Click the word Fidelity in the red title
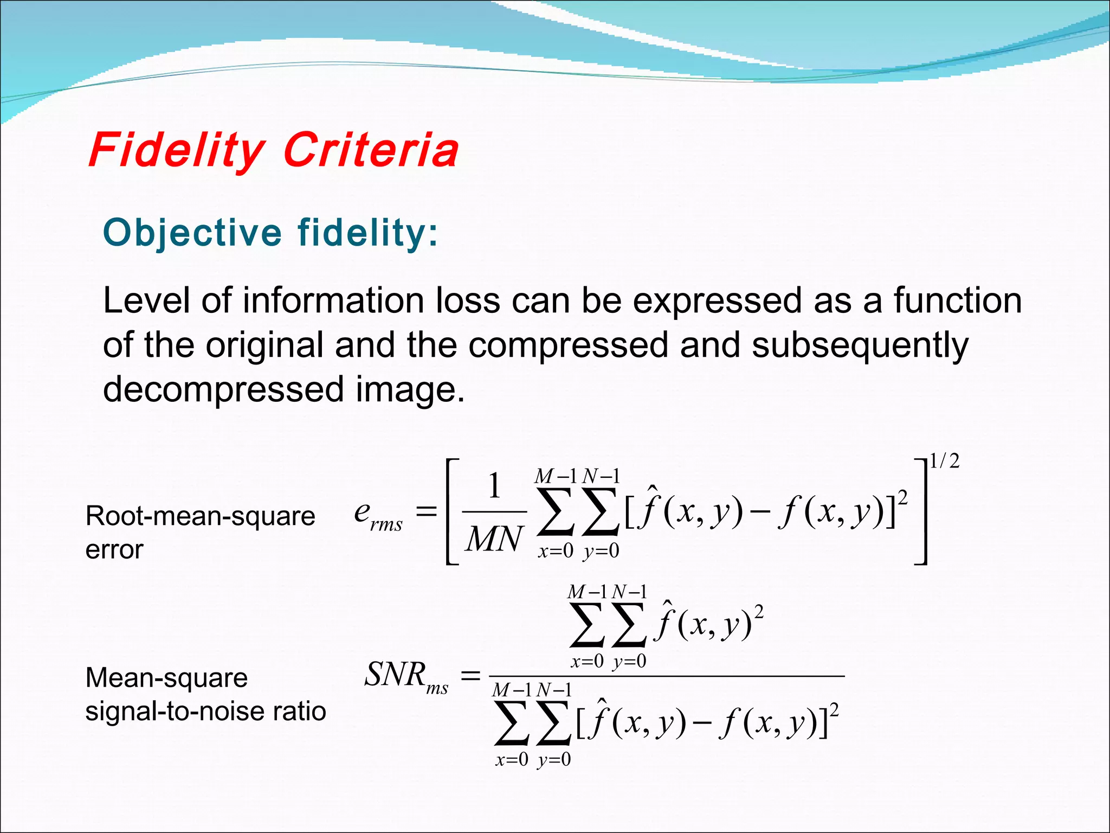[176, 150]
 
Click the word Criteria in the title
[371, 150]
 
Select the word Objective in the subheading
[192, 233]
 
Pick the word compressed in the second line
[568, 345]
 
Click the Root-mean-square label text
[200, 516]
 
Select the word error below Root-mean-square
[114, 550]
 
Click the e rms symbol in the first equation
[377, 515]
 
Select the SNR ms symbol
[405, 676]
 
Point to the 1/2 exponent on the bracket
[945, 462]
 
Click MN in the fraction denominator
[494, 540]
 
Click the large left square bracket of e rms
[451, 512]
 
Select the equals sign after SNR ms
[470, 676]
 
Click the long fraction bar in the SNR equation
[667, 676]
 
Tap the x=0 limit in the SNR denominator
[512, 759]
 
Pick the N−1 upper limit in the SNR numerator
[629, 592]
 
